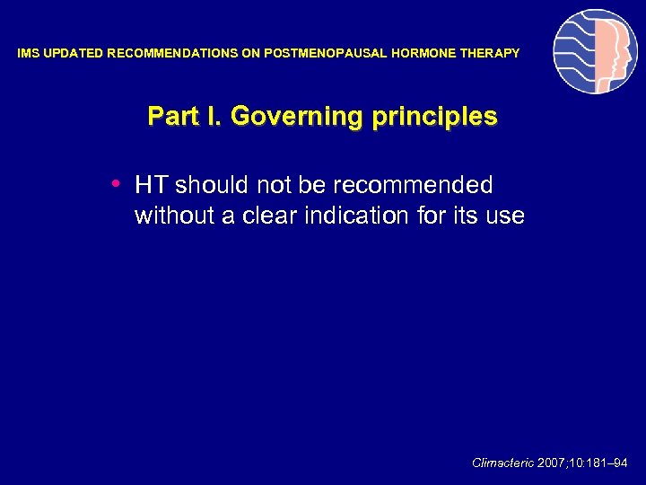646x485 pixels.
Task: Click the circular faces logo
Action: click(x=595, y=51)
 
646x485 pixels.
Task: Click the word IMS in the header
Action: click(x=29, y=54)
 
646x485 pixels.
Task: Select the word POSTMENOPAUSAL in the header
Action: click(x=326, y=54)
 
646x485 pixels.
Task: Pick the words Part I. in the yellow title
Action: click(x=184, y=117)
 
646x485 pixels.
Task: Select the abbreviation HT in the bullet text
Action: click(x=152, y=185)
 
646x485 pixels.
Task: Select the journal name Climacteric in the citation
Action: click(x=502, y=463)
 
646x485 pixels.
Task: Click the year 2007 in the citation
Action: click(x=554, y=463)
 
